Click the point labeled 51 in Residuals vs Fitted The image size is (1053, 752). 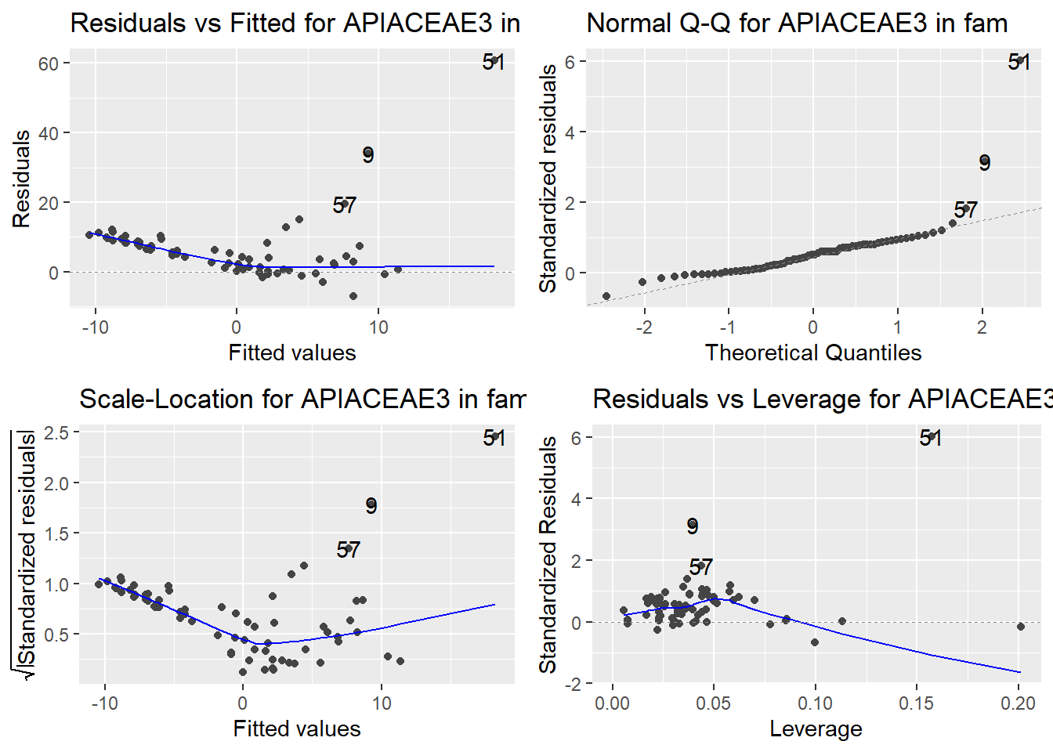494,60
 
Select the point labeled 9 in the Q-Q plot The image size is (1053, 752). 984,161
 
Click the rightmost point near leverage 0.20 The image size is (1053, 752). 1020,626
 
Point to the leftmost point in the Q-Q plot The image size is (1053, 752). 606,296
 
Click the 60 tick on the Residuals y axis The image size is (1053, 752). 49,63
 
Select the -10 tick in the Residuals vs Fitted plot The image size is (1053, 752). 95,327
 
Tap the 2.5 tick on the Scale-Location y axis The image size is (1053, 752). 56,432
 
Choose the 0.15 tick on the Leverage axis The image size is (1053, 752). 916,703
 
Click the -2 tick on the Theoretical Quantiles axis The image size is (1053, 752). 644,327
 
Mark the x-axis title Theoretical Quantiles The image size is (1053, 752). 812,352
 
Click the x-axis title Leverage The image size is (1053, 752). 816,728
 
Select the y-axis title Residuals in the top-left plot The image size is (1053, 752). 21,179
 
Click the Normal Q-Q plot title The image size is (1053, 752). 797,23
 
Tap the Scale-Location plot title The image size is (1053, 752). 302,399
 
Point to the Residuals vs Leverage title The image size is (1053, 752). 822,399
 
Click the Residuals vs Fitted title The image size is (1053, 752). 295,23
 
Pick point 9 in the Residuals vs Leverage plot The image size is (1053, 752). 692,525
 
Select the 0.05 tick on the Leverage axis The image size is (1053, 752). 713,703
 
